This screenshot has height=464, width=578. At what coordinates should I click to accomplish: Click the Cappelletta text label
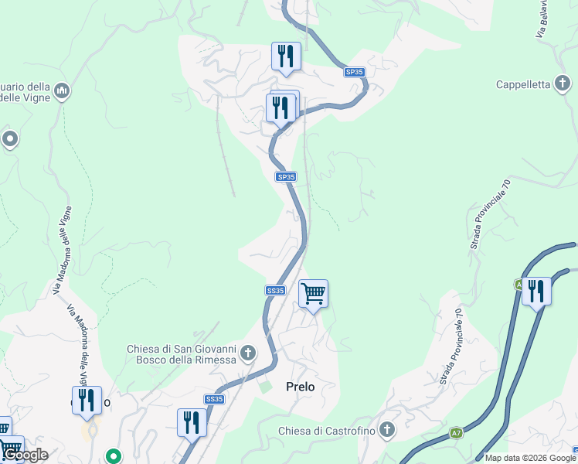point(522,84)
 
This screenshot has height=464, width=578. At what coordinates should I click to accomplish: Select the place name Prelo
point(301,386)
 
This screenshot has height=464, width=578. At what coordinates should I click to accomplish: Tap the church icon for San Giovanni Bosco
point(248,353)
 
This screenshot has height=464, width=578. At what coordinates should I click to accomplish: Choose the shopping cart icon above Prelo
point(313,294)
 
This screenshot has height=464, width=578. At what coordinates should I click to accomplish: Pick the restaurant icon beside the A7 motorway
point(536,292)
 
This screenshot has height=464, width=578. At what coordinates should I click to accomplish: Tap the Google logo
point(25,455)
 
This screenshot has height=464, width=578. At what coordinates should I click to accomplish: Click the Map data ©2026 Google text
point(530,458)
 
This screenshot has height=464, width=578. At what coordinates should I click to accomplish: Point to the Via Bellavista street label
point(543,19)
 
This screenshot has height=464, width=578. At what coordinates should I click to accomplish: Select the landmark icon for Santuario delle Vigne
point(62,92)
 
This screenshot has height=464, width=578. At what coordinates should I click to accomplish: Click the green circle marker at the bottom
point(114,457)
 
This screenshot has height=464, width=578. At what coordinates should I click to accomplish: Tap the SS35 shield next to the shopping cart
point(275,291)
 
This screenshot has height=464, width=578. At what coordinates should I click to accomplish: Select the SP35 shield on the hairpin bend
point(355,72)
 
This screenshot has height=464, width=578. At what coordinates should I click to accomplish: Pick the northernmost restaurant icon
point(286,56)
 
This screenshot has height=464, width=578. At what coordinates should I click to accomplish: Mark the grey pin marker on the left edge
point(9,139)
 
